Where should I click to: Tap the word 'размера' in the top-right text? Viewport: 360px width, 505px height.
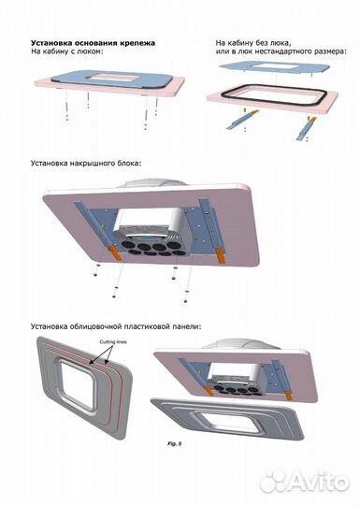(x=328, y=52)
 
